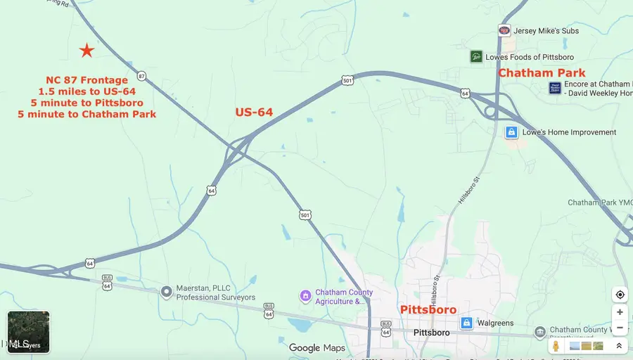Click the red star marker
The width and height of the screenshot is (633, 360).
87,50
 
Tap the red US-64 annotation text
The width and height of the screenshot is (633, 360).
253,112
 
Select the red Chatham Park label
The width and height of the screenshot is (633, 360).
542,72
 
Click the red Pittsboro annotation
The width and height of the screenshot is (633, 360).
428,309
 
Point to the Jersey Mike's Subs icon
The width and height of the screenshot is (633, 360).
504,30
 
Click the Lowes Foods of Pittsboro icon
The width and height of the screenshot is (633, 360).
476,56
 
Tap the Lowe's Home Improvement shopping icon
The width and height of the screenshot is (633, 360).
511,132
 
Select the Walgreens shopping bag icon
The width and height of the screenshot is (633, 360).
466,323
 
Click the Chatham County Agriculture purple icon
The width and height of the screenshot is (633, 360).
305,296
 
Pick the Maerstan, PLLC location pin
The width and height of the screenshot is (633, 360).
166,291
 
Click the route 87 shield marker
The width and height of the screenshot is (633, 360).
141,76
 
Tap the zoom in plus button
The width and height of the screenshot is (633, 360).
620,312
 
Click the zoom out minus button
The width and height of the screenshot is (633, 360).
620,328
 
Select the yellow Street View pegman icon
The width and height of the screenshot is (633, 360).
556,346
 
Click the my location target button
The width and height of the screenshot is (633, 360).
620,295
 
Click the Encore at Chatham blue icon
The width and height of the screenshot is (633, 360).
554,88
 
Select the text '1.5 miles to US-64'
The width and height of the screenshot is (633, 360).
87,91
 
